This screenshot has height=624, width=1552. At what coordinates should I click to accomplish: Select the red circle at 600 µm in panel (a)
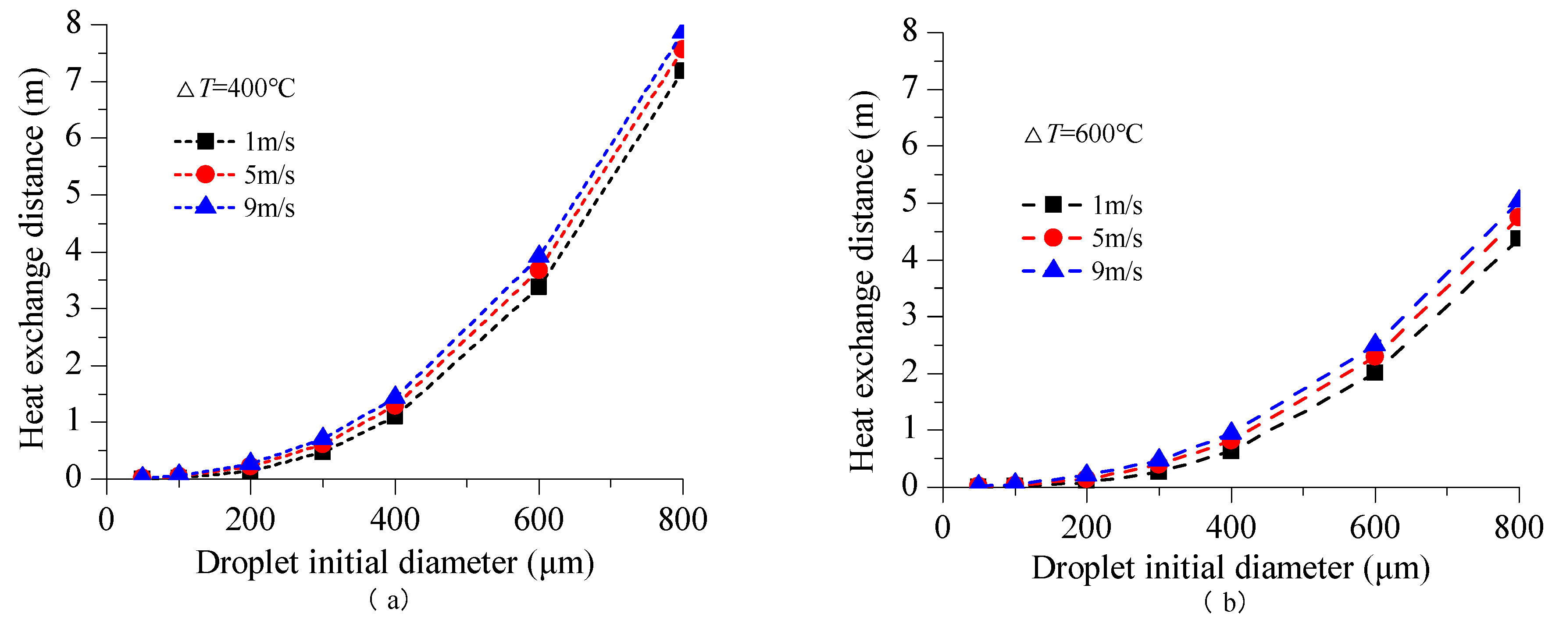539,269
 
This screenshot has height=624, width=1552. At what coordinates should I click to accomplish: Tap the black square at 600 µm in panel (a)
539,287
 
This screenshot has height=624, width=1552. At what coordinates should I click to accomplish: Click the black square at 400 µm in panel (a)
395,416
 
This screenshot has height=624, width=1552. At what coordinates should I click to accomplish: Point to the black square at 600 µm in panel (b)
1375,372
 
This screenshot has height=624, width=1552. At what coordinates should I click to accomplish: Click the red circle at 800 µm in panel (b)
1516,217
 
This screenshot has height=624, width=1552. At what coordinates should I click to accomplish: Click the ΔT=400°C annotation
236,89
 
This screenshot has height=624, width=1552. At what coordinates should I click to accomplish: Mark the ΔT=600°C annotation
1083,134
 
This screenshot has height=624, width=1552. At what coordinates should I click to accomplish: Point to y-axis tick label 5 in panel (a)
74,194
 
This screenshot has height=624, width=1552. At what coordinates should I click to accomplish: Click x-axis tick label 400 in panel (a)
395,520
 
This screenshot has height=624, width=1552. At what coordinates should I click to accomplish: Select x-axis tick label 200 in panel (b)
1086,528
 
